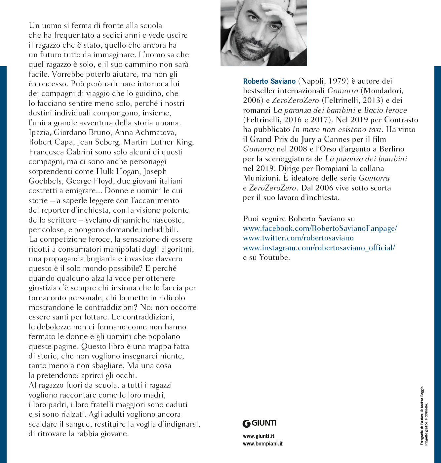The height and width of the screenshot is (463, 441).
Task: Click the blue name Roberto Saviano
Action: (269, 81)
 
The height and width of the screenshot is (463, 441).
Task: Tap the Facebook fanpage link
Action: (320, 228)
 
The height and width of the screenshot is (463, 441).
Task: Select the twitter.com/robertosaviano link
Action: (298, 238)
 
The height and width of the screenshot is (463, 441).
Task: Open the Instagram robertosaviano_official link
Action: (319, 248)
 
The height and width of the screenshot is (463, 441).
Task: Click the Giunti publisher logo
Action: (260, 423)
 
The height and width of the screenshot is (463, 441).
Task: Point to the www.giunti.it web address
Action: (259, 436)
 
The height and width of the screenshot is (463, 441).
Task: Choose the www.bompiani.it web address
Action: (262, 444)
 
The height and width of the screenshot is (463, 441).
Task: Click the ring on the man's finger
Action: (290, 14)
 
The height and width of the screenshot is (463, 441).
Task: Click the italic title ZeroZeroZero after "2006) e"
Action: (295, 101)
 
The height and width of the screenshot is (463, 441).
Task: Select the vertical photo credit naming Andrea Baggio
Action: (422, 415)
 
